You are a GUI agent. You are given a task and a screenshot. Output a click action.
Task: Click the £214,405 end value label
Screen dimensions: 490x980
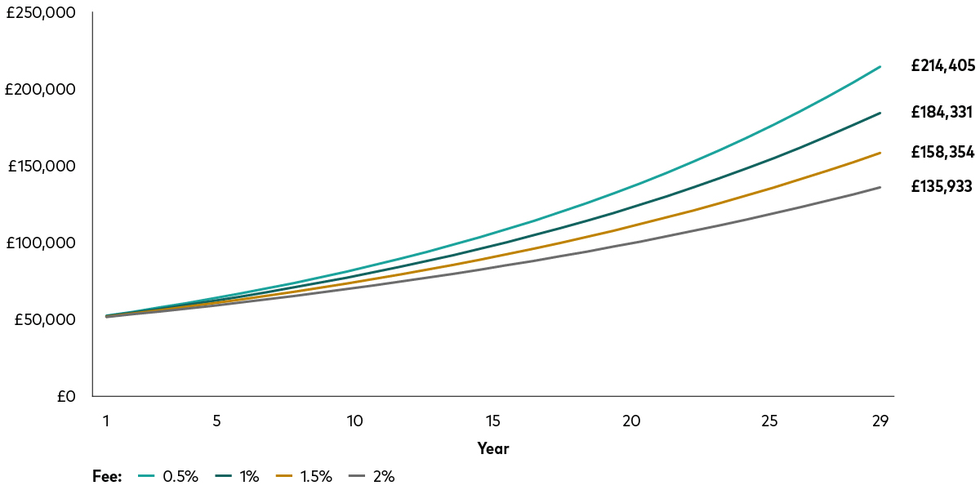point(942,66)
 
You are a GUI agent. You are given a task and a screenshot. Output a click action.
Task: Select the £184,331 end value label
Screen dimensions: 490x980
point(942,113)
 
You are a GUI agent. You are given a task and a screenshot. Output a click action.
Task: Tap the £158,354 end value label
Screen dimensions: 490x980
point(942,152)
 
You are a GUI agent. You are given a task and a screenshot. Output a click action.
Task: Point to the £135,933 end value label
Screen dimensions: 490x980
point(942,186)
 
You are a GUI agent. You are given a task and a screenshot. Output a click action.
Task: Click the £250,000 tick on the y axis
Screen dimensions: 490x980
point(41,13)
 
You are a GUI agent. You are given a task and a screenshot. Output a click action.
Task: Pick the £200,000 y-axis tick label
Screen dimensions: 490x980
point(41,90)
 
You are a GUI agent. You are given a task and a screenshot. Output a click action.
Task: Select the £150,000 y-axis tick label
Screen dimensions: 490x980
point(41,167)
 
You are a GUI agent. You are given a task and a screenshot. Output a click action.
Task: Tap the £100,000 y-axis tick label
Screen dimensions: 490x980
point(41,243)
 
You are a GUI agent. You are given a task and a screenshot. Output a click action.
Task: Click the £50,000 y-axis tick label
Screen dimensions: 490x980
point(45,320)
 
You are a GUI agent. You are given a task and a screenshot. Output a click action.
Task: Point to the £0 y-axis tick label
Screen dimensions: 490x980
point(66,397)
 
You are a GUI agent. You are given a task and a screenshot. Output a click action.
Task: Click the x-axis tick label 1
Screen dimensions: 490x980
point(106,421)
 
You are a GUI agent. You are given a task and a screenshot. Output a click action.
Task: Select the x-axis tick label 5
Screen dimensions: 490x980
point(216,421)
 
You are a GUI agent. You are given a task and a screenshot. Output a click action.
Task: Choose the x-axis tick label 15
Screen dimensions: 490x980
point(492,421)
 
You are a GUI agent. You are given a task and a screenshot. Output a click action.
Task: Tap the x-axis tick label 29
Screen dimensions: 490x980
point(880,421)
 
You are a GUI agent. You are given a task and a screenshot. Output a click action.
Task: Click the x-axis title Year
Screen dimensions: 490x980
point(493,448)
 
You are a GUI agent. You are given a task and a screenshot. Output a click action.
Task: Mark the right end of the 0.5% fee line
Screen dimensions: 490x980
point(880,66)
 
